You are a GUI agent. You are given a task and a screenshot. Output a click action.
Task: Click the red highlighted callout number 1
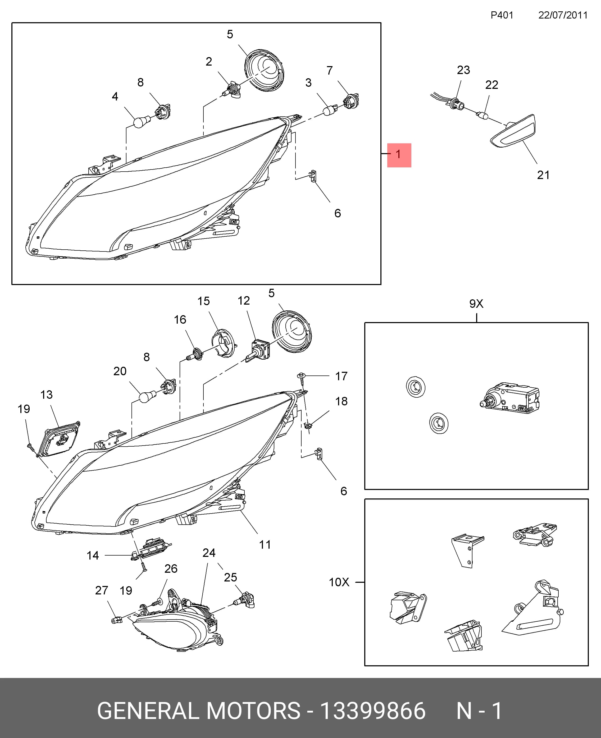(x=399, y=155)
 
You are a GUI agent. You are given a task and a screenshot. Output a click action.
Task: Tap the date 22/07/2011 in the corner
(x=563, y=15)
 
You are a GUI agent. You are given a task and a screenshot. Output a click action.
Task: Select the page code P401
(x=502, y=15)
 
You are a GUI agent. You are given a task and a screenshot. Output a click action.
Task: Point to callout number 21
(x=543, y=175)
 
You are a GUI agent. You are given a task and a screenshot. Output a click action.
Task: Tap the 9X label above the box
(x=476, y=304)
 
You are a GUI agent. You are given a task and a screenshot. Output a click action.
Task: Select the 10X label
(x=339, y=582)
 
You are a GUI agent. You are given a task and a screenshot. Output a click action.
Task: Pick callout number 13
(x=46, y=395)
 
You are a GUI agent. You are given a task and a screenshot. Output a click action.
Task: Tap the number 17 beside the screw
(x=341, y=376)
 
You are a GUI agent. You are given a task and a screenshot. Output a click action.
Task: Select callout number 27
(x=101, y=590)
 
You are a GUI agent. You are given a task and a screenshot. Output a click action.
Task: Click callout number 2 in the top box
(x=209, y=62)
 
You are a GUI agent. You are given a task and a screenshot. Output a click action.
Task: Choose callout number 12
(x=244, y=301)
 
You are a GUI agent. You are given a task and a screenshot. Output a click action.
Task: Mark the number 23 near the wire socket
(x=463, y=70)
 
